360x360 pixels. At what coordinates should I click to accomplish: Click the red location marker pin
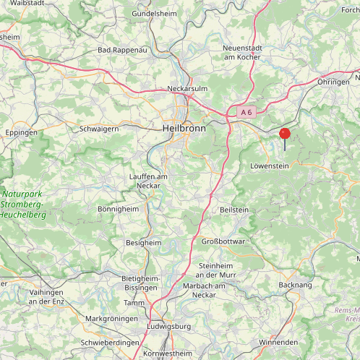pyautogui.click(x=285, y=134)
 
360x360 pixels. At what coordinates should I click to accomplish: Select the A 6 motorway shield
pyautogui.click(x=246, y=112)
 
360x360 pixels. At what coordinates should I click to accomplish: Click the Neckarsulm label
pyautogui.click(x=187, y=88)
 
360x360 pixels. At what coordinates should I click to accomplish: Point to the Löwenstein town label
pyautogui.click(x=269, y=166)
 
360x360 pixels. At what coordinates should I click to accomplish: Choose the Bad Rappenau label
pyautogui.click(x=122, y=51)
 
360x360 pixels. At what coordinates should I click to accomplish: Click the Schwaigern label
pyautogui.click(x=99, y=128)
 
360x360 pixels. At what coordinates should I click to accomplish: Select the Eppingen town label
pyautogui.click(x=21, y=134)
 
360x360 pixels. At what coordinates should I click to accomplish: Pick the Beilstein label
pyautogui.click(x=233, y=209)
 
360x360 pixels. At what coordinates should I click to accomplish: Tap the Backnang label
pyautogui.click(x=294, y=286)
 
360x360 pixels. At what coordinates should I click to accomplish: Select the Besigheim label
pyautogui.click(x=144, y=243)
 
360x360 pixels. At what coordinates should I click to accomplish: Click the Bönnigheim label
pyautogui.click(x=118, y=208)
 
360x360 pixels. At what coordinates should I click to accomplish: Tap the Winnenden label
pyautogui.click(x=278, y=341)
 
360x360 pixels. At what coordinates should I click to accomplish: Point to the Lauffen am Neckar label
pyautogui.click(x=148, y=181)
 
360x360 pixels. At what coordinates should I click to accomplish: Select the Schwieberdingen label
pyautogui.click(x=110, y=342)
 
